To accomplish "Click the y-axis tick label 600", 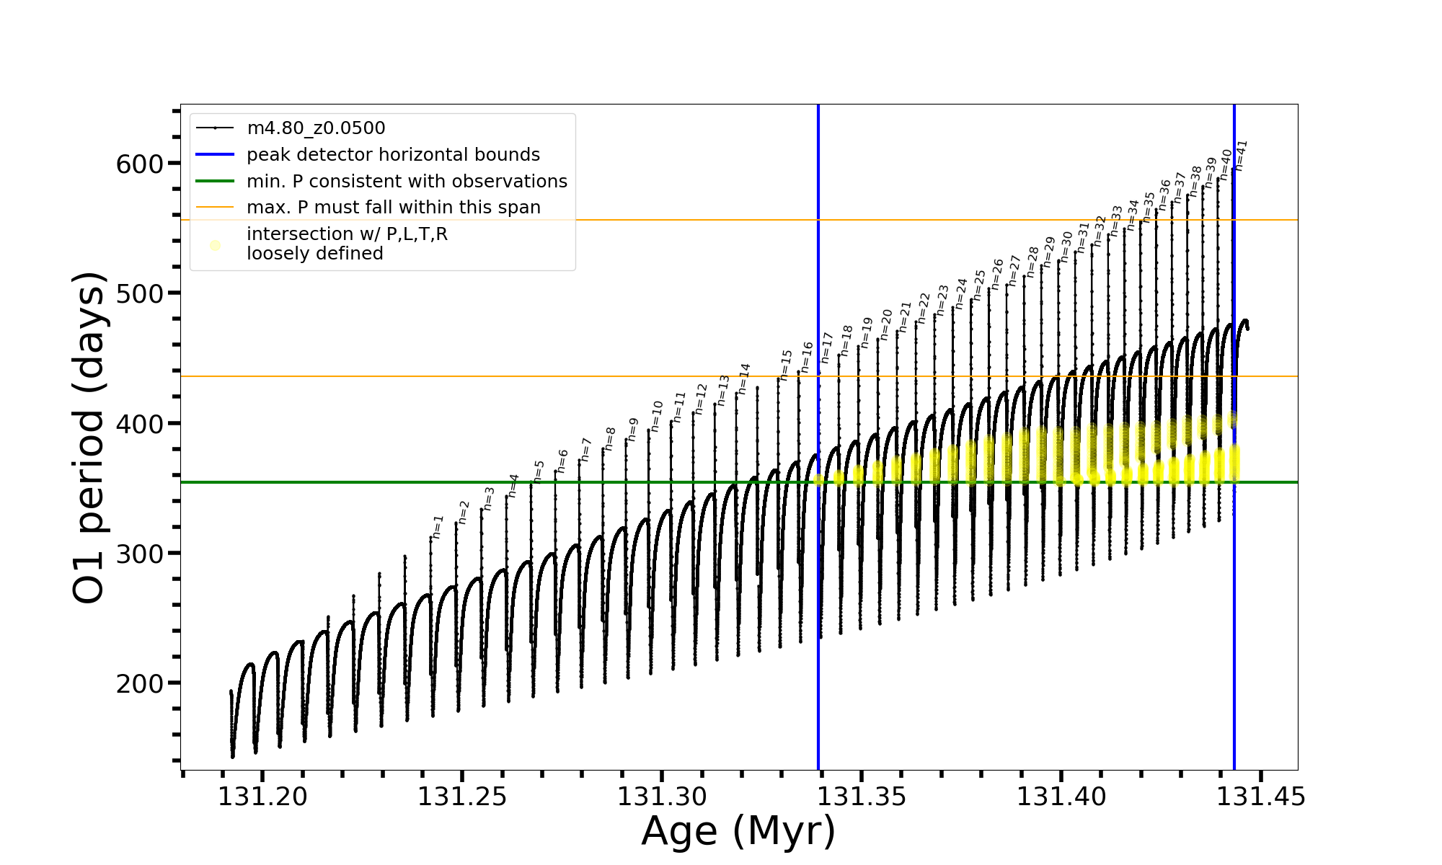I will coord(140,164).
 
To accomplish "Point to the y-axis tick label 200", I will coord(140,683).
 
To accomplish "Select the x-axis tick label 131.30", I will coord(662,797).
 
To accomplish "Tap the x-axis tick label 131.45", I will coord(1261,797).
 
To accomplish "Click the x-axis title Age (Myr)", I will coord(738,831).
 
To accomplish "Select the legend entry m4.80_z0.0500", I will coord(316,128).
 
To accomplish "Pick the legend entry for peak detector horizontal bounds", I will coord(393,155).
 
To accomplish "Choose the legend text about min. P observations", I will coord(407,182).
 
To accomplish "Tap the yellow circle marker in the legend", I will coord(215,245).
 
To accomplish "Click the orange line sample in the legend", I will coord(215,208).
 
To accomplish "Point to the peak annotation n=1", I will coord(438,527).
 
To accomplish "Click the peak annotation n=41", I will coord(1241,155).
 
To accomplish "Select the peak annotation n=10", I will coord(656,417).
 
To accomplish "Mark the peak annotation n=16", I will coord(807,357).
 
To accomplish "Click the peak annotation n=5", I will coord(538,471).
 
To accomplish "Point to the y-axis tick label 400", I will coord(140,424).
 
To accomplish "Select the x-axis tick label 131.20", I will coord(262,797).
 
